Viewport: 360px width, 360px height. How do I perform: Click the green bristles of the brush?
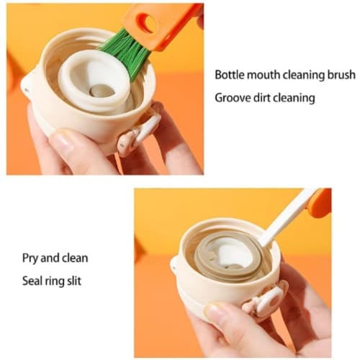click(126, 53)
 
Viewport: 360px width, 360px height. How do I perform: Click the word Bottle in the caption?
click(230, 75)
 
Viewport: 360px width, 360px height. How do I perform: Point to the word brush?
click(341, 75)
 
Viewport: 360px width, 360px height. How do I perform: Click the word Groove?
click(231, 98)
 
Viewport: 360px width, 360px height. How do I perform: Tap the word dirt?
click(261, 98)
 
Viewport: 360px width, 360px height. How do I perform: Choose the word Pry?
click(30, 259)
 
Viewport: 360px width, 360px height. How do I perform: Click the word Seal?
click(32, 281)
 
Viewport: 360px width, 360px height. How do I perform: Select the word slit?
click(74, 281)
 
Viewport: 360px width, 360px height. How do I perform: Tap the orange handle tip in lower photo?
click(320, 203)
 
